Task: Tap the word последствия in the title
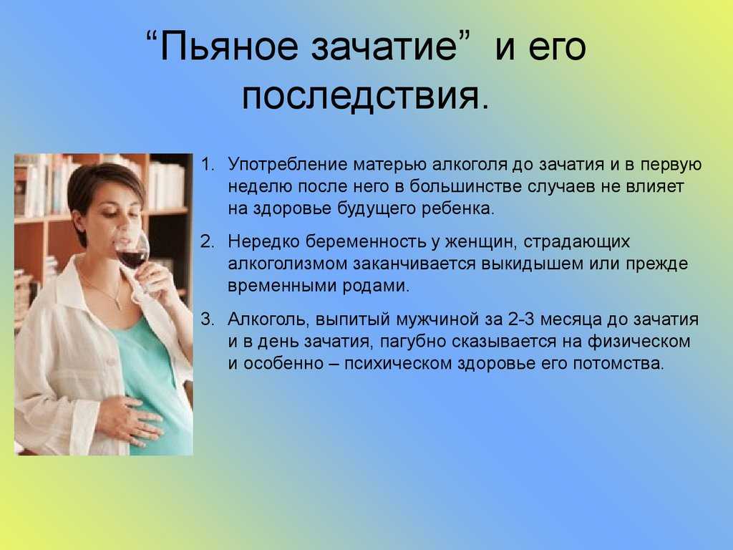pyautogui.click(x=361, y=96)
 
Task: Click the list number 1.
pyautogui.click(x=208, y=165)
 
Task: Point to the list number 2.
pyautogui.click(x=208, y=242)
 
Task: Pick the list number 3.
pyautogui.click(x=208, y=319)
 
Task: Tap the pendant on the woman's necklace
pyautogui.click(x=118, y=305)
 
